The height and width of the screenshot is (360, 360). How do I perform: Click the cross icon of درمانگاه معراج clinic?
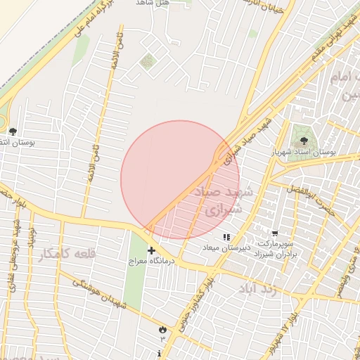(x=151, y=251)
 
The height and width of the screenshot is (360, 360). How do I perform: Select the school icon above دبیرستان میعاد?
(x=226, y=238)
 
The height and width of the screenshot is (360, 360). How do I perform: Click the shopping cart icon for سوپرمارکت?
(x=275, y=233)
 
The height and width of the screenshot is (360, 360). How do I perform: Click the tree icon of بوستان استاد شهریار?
(x=304, y=141)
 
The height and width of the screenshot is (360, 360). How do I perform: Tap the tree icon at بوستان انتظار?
(x=13, y=131)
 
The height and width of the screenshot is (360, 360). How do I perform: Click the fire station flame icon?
(x=163, y=328)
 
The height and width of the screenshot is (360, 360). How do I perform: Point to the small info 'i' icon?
(x=161, y=352)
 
